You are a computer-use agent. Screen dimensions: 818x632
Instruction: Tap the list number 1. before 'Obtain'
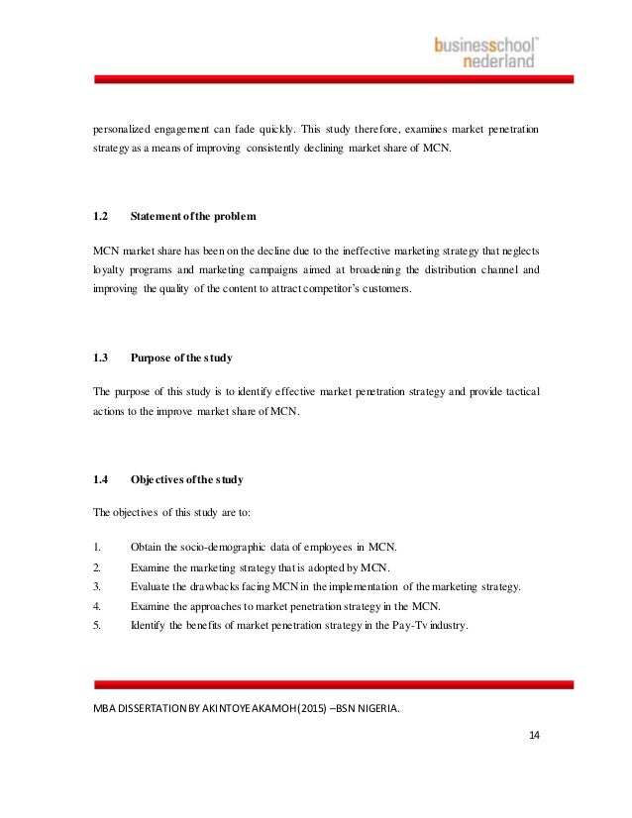click(x=96, y=546)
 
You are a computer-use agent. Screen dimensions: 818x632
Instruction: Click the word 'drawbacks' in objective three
click(x=228, y=587)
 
